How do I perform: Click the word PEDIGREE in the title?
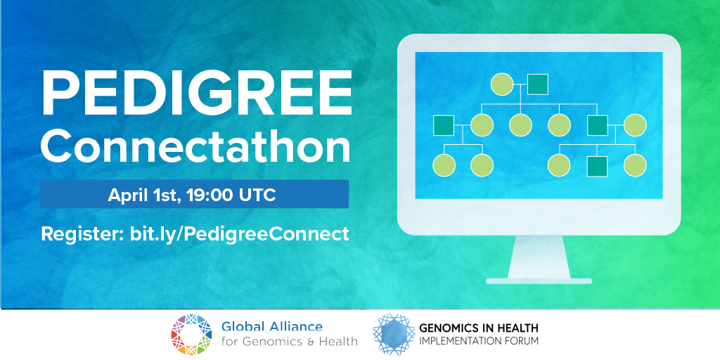197,94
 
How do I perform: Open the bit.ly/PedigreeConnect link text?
239,233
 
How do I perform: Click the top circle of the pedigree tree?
502,84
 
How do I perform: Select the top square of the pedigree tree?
538,84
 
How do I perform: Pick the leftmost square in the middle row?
444,125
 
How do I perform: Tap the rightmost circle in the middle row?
635,125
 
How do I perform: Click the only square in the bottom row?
598,166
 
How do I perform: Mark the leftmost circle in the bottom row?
444,165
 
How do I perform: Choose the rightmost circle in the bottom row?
635,165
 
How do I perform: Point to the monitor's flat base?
539,281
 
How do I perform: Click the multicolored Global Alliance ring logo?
191,335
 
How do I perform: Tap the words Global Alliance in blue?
272,327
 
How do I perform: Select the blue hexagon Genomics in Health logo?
394,334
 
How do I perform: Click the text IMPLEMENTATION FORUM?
478,341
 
